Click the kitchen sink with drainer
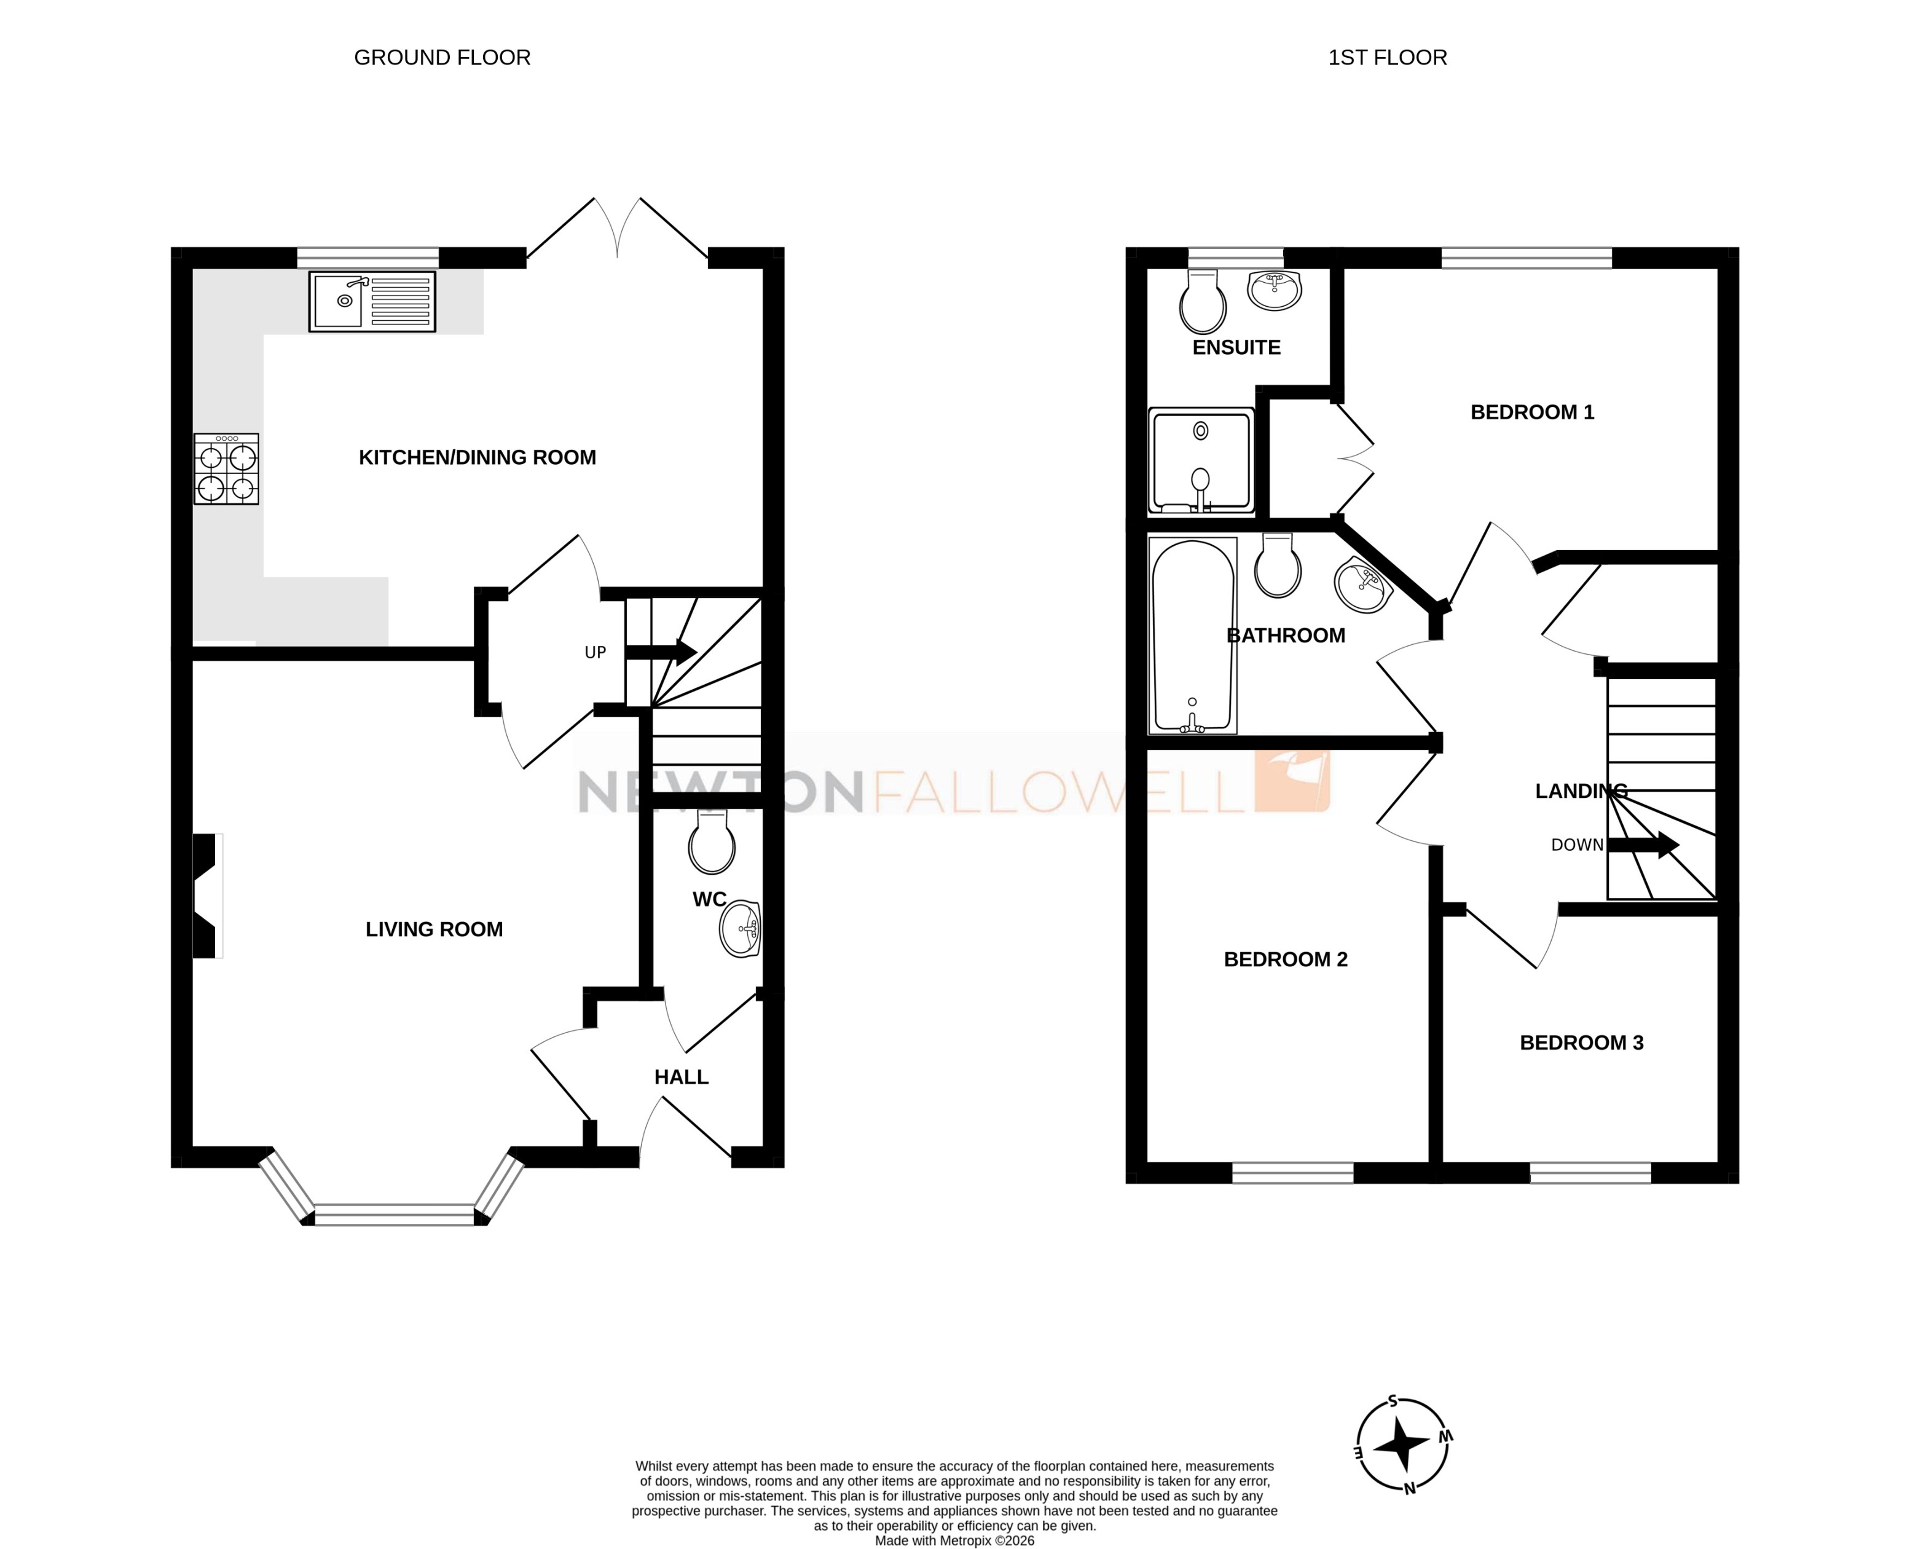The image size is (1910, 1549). coord(372,302)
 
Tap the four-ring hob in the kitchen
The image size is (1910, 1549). coord(227,470)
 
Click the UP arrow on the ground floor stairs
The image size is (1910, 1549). coord(660,652)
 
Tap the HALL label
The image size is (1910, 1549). coord(682,1077)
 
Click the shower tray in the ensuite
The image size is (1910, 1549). coord(1201,461)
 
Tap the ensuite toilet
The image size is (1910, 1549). coord(1203,302)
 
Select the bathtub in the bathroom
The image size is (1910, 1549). coord(1193,636)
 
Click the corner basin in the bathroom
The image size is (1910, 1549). coord(1362,585)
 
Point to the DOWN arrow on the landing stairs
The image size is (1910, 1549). coord(1643,844)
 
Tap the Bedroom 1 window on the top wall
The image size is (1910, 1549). coord(1527,259)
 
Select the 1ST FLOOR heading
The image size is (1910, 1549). coord(1387,57)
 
